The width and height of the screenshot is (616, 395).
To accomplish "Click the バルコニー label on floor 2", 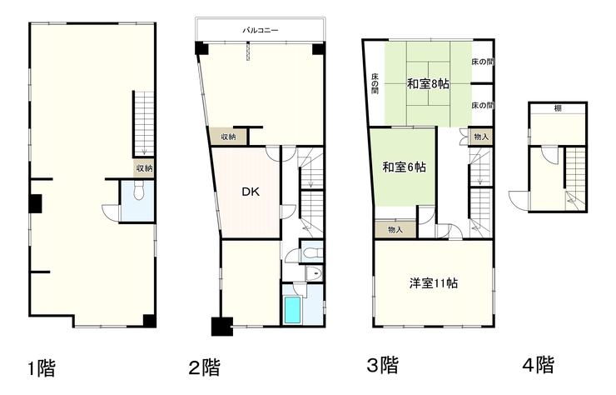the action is (x=260, y=30).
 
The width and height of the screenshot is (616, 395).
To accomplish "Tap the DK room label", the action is (x=251, y=192).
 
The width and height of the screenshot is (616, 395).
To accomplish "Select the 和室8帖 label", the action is (x=428, y=84).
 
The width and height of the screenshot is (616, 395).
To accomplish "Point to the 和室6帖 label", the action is (x=405, y=167).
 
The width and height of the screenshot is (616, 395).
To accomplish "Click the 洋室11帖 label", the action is (x=434, y=283).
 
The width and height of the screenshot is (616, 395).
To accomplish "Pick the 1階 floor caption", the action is (x=42, y=368).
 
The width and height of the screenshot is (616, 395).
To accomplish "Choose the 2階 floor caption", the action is (x=204, y=367).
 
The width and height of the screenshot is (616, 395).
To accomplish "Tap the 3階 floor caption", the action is (x=383, y=365).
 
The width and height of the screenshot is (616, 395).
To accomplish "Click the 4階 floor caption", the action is (x=539, y=365).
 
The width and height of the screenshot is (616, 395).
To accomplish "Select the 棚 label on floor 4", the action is (x=558, y=108).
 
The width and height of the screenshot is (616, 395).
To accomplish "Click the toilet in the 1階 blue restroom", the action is (x=139, y=191).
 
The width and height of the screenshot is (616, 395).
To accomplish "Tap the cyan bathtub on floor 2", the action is (x=292, y=310).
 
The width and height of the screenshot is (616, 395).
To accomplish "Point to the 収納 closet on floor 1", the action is (x=144, y=168).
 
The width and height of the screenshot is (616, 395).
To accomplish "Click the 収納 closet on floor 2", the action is (x=228, y=137).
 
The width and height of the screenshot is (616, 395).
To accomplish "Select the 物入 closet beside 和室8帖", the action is (x=481, y=137).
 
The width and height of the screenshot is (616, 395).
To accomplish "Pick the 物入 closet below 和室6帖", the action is (x=395, y=229).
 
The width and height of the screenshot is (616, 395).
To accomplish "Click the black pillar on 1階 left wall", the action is (x=35, y=204).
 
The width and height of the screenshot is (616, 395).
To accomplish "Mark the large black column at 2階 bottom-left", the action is (x=222, y=326).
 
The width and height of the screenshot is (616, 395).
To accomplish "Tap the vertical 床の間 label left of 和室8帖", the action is (x=375, y=83).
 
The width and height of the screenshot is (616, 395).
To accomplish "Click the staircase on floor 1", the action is (x=144, y=124).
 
